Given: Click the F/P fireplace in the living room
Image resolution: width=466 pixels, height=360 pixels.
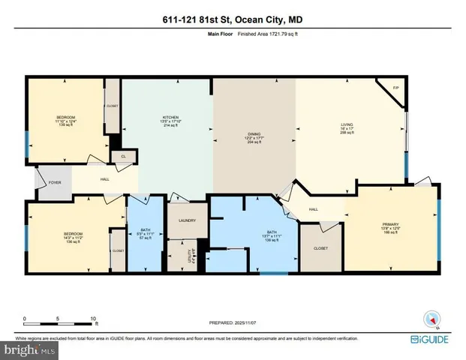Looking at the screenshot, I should (395, 88).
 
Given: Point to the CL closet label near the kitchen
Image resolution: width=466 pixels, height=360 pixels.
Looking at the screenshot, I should (123, 157).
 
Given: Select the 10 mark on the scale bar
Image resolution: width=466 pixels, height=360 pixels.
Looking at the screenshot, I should (94, 319).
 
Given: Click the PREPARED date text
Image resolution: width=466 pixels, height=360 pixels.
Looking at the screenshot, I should (233, 322).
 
